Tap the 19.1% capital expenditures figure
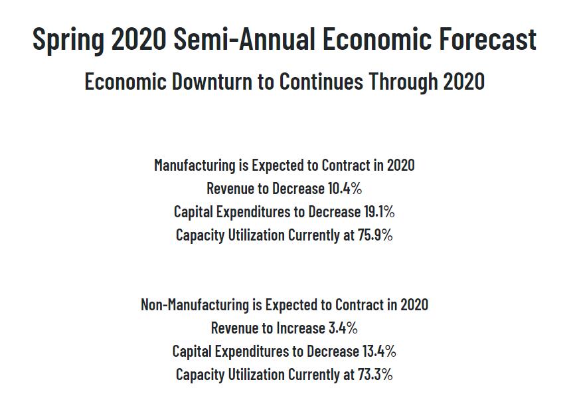[379, 212]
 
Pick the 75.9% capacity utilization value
[375, 235]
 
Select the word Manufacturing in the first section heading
[195, 165]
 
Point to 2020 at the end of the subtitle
[463, 81]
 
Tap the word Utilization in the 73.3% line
[256, 374]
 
